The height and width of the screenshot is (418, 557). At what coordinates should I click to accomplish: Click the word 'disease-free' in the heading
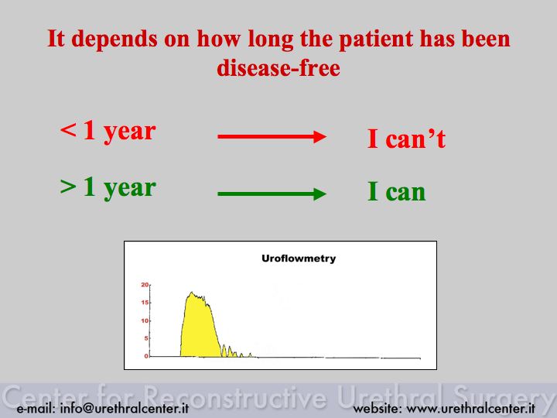tap(278, 67)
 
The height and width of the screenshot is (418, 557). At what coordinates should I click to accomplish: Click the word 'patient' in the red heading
tap(375, 39)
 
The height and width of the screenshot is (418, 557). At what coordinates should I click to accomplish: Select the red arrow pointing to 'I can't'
tap(272, 136)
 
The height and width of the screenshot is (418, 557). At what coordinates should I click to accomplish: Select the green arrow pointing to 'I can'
tap(272, 194)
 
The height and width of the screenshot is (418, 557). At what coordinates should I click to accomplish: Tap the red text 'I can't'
tap(406, 138)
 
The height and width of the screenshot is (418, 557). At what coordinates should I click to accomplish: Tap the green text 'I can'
tap(396, 192)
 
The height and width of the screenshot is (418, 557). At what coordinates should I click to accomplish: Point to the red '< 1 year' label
tap(108, 132)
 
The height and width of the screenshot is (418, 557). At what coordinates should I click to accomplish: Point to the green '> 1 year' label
tap(108, 188)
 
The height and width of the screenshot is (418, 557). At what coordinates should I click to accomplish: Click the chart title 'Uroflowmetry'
tap(299, 259)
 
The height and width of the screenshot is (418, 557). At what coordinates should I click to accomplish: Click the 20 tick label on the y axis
tap(145, 285)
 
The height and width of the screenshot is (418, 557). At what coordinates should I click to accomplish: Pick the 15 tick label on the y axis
tap(145, 303)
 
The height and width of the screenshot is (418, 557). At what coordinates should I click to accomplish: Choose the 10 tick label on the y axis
tap(145, 320)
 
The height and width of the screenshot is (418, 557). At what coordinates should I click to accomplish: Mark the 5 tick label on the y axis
tap(146, 338)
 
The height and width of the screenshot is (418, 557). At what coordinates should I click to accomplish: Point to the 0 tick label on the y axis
tap(146, 356)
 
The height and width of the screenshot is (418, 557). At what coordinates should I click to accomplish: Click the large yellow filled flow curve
tap(199, 331)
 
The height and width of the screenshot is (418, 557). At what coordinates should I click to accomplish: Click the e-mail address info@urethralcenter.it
tap(125, 408)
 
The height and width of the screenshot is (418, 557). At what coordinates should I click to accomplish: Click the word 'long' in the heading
tap(270, 39)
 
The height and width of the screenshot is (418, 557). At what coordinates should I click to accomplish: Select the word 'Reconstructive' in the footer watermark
tap(236, 396)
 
